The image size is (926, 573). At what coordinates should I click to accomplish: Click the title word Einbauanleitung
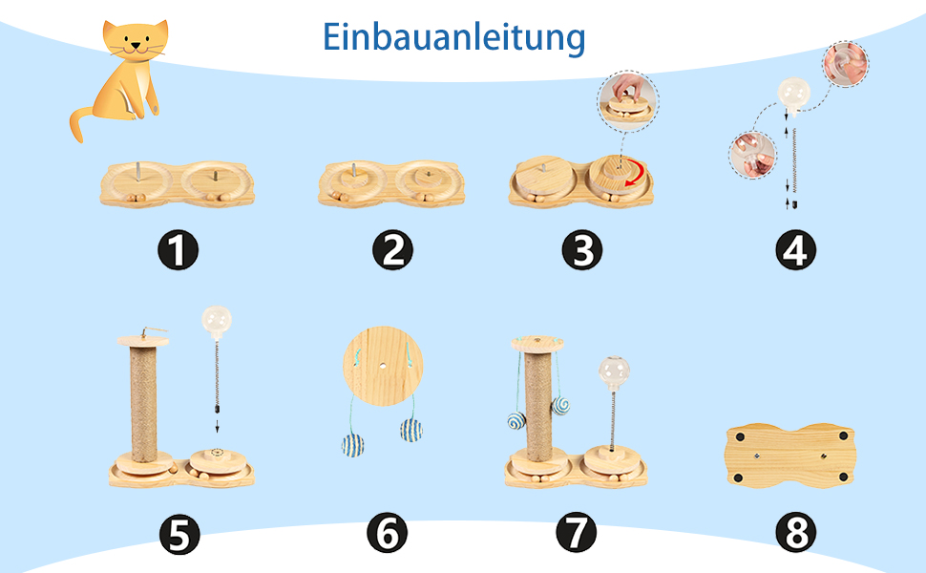tap(453, 38)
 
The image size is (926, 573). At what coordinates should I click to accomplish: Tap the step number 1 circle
tap(178, 250)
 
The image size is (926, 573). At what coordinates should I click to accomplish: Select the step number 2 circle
tap(392, 250)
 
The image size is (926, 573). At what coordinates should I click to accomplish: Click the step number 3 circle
tap(582, 250)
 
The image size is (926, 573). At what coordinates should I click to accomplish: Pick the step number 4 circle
tap(796, 250)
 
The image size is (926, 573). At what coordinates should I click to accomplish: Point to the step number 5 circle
tap(179, 535)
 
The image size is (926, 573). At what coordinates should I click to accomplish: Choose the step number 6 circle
tap(387, 533)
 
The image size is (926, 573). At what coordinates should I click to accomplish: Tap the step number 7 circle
tap(577, 533)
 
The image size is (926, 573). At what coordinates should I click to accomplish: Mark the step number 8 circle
tap(796, 533)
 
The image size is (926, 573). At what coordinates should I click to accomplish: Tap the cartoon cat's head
tap(136, 41)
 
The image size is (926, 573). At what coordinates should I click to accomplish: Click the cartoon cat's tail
tap(79, 123)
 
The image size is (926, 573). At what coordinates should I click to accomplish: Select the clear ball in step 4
tap(793, 94)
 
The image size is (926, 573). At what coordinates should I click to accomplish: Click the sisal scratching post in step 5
tap(143, 404)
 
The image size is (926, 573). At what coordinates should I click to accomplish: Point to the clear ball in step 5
tap(217, 321)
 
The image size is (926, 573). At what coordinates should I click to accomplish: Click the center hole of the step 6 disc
tap(383, 367)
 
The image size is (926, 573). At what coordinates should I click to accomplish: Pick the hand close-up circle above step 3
tap(628, 100)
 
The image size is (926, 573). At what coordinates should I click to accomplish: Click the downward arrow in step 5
tap(217, 426)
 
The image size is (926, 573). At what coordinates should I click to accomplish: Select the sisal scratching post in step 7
tap(538, 408)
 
